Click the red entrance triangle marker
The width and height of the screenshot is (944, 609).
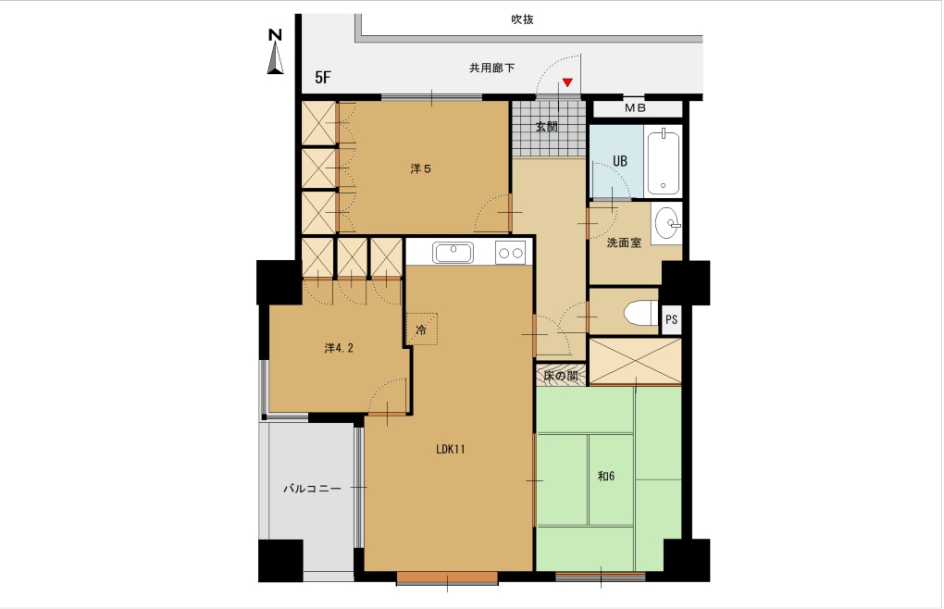[567, 82]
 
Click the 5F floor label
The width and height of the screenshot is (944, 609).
[323, 78]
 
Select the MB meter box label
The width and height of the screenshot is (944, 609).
[635, 108]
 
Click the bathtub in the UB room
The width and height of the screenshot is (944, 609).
[663, 160]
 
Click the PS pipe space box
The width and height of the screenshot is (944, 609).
[671, 319]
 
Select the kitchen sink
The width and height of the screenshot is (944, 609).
[453, 253]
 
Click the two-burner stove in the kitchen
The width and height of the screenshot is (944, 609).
[511, 253]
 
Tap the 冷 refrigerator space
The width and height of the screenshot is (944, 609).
[421, 329]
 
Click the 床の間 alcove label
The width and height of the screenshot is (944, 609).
[561, 376]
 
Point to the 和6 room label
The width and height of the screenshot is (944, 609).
[605, 476]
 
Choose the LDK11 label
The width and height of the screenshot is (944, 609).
[451, 449]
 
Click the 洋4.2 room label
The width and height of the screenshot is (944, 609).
[339, 348]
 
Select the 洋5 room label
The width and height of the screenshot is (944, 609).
[421, 169]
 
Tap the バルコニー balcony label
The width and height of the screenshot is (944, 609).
[313, 489]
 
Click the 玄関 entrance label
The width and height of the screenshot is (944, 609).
[547, 127]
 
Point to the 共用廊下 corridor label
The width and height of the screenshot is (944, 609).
[491, 68]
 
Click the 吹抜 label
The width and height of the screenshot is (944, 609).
[522, 19]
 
